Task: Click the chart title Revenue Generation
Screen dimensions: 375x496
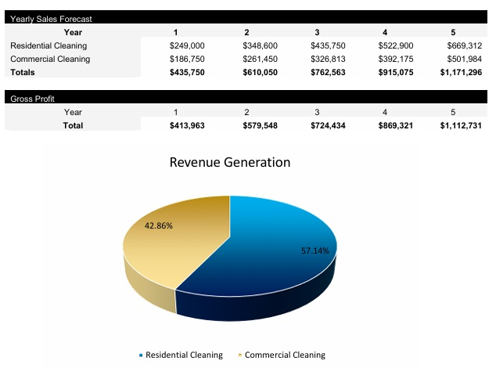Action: click(x=230, y=163)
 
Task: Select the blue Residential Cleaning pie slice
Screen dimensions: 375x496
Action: click(x=266, y=258)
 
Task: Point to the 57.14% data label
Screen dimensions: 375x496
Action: click(x=315, y=251)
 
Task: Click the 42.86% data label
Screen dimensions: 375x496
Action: click(x=159, y=225)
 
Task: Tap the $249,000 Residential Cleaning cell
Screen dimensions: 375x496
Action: click(x=187, y=46)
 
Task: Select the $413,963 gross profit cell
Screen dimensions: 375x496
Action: click(x=187, y=125)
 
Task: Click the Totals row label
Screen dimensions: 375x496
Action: click(x=23, y=72)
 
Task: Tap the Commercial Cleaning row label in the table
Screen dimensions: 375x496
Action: click(x=50, y=59)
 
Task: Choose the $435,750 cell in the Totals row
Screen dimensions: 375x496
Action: click(x=187, y=72)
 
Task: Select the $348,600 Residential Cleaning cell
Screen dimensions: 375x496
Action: click(x=259, y=46)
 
